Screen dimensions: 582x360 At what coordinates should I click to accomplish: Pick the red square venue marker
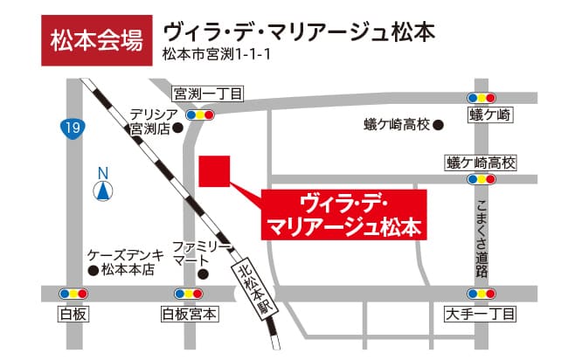tap(214, 170)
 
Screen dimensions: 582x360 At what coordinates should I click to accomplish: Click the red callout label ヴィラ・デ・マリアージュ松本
tap(348, 215)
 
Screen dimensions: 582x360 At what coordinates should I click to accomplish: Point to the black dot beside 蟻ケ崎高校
tap(439, 125)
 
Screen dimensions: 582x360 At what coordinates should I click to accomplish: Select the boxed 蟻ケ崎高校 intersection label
tap(482, 163)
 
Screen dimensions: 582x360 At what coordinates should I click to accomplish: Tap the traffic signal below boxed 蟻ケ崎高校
tap(482, 179)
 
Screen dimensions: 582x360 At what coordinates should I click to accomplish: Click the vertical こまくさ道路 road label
tap(482, 236)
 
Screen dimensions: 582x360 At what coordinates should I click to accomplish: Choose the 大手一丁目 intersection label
tap(482, 313)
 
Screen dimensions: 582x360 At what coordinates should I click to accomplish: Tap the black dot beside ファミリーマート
tap(204, 273)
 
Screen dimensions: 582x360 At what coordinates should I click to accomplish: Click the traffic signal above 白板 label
tap(73, 294)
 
